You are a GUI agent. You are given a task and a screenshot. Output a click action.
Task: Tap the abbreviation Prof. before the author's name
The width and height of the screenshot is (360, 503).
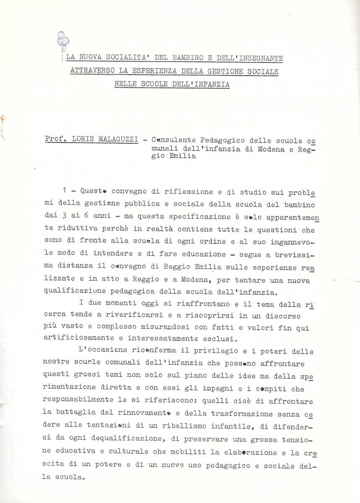56,138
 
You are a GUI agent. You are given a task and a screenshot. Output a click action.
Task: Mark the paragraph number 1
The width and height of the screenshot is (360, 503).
64,190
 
